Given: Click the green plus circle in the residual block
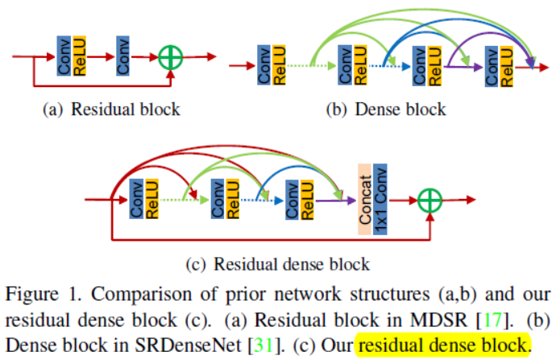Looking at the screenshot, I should (x=170, y=56).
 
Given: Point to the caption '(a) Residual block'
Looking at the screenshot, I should (x=110, y=109).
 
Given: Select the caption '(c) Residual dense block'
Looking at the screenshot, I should (x=277, y=263).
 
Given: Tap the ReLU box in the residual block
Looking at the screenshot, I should (x=79, y=56).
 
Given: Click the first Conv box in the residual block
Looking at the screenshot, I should (x=64, y=56).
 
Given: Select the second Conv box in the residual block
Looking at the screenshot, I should (x=123, y=56).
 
